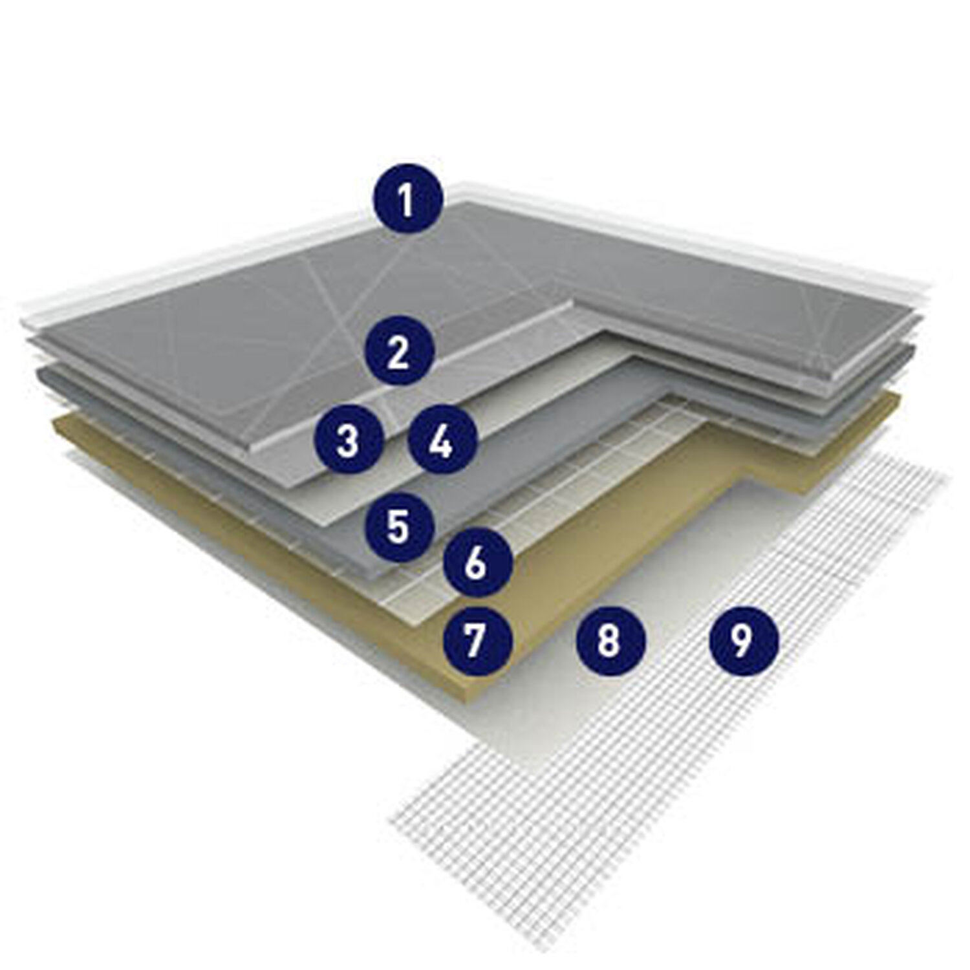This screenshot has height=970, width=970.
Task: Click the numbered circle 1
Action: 407,200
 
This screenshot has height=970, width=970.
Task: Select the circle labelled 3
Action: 348,442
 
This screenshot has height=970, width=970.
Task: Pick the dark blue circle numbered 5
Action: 398,525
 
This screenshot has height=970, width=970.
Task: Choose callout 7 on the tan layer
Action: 477,640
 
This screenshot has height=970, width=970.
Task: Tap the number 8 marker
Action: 610,640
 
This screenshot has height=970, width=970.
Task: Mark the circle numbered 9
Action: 744,640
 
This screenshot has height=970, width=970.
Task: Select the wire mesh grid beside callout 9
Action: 711,744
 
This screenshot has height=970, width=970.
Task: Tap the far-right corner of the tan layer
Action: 899,396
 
